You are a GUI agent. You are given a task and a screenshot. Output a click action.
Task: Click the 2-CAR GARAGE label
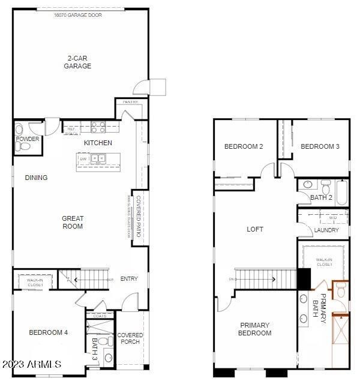pyautogui.click(x=79, y=62)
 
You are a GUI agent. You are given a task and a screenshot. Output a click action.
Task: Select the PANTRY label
pyautogui.click(x=131, y=102)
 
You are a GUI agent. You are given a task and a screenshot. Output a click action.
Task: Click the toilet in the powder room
pyautogui.click(x=19, y=128)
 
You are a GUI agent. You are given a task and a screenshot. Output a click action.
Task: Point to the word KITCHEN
pyautogui.click(x=98, y=143)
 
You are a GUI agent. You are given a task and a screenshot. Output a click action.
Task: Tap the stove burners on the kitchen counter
pyautogui.click(x=98, y=127)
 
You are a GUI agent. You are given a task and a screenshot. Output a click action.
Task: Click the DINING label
pyautogui.click(x=36, y=178)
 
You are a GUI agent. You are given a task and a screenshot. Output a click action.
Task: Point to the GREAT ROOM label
pyautogui.click(x=73, y=223)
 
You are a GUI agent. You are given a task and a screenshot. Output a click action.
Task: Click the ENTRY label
pyautogui.click(x=129, y=279)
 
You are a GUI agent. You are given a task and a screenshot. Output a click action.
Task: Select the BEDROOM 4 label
pyautogui.click(x=49, y=332)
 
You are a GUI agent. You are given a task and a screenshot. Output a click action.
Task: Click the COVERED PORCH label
pyautogui.click(x=130, y=338)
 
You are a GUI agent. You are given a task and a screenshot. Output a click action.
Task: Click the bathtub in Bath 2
pyautogui.click(x=342, y=191)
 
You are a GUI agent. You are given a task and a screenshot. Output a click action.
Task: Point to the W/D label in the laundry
pyautogui.click(x=333, y=218)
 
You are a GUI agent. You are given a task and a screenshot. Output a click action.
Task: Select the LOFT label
pyautogui.click(x=255, y=229)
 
